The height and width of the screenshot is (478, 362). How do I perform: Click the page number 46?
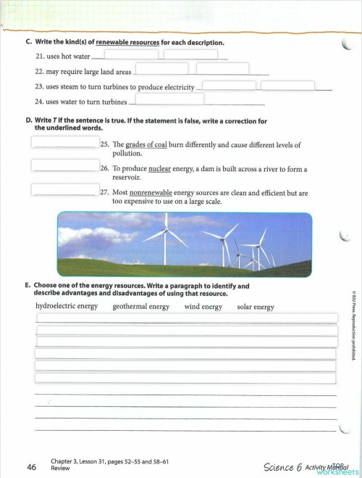point(31,467)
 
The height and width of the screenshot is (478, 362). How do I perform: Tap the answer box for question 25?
point(64,141)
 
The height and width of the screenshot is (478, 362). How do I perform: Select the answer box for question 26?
point(64,165)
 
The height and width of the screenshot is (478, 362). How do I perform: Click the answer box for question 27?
point(64,190)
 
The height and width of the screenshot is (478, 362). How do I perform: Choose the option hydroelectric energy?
point(67,306)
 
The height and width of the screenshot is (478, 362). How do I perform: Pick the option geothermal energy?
point(140,306)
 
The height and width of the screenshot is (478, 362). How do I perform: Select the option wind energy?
point(203,306)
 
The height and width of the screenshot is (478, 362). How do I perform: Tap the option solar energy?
point(256,306)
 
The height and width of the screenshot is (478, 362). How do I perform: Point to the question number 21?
point(40,56)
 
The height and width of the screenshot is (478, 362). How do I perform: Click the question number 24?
point(40,102)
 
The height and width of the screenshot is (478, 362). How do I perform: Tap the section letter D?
point(28,121)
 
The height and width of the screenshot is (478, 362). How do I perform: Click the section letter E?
point(28,286)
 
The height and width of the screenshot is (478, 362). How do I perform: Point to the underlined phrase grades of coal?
point(146,144)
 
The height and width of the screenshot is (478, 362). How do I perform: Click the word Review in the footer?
point(60,469)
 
